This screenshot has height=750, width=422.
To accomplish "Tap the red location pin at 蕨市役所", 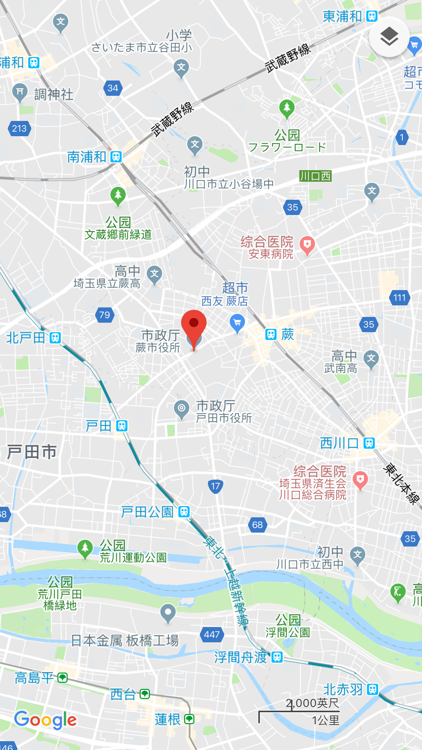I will pos(194,324).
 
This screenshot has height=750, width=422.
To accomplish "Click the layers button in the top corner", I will pos(389,37).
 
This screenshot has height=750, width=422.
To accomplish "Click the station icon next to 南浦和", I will pos(116,157).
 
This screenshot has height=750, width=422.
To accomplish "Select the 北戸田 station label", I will pos(26,338).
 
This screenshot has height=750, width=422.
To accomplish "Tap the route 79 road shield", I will pos(105,315).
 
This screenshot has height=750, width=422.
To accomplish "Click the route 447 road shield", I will pos(212,634).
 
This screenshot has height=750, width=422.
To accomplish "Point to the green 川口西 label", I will pos(315,176).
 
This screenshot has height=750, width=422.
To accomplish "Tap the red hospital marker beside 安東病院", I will pos(307,245).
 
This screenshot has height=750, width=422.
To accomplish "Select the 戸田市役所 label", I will pos(224,418).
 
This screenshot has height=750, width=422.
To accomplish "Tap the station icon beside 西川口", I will pos(369,443).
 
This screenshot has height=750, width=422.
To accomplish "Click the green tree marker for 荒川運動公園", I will pos(85,548).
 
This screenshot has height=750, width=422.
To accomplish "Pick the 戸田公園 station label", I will pos(147,512).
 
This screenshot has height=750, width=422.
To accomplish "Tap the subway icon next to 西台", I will pos(145,694).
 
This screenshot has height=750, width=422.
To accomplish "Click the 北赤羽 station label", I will pos(343,690).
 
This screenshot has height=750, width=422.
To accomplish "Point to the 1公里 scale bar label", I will pos(326,720).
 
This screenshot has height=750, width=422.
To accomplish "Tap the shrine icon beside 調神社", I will pos(20,92).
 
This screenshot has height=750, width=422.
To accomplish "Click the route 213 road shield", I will pos(19,128).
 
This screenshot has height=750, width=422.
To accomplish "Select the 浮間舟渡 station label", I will pos(240,657).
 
